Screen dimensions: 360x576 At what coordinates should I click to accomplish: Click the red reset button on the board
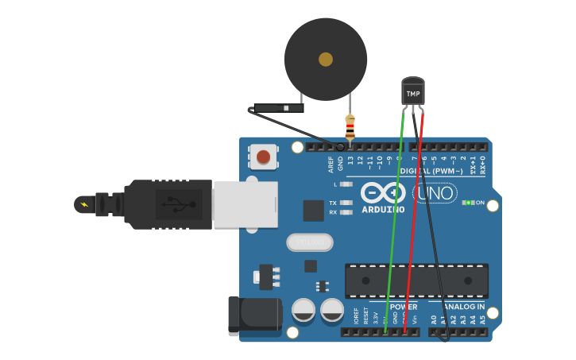click(x=263, y=157)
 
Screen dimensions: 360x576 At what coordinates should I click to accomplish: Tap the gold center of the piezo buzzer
click(x=326, y=59)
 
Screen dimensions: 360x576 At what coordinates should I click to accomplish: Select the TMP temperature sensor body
click(x=413, y=92)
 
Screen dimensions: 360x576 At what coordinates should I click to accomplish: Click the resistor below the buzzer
click(x=350, y=126)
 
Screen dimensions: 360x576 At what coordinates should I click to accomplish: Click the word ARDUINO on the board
click(x=383, y=210)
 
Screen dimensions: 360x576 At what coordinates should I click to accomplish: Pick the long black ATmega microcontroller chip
click(x=416, y=281)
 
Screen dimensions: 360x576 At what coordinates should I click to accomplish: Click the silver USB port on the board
click(x=245, y=204)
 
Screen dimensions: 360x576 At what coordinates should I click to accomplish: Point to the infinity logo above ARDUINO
click(x=383, y=192)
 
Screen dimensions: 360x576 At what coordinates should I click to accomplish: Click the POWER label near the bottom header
click(x=404, y=307)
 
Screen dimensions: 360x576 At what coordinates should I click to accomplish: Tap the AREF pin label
click(x=331, y=164)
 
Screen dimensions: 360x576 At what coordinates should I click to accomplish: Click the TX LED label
click(x=333, y=203)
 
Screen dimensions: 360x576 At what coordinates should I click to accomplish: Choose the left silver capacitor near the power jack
click(x=303, y=310)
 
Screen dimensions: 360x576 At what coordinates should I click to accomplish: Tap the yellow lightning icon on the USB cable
click(x=83, y=204)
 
